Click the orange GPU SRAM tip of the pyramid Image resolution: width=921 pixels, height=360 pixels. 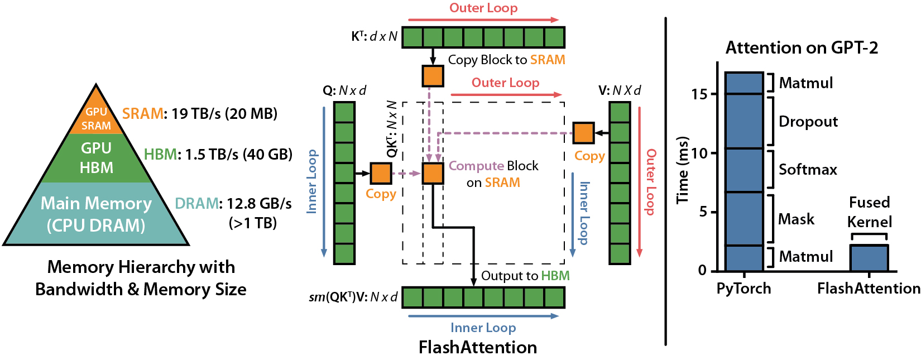point(96,118)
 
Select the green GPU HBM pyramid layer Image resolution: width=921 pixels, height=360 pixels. point(96,158)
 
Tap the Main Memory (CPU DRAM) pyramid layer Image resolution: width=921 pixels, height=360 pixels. point(96,214)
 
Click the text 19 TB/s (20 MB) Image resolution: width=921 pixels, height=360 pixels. point(224,113)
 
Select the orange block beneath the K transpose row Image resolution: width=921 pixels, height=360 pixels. point(433,76)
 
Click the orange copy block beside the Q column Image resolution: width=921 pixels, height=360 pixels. point(381,174)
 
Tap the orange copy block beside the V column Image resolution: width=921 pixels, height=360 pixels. point(583,133)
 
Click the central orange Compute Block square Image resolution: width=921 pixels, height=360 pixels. point(433,174)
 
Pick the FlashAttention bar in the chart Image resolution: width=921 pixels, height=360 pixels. point(869,258)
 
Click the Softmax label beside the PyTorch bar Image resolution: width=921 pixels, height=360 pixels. point(808,169)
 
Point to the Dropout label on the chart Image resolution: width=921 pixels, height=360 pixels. point(808,122)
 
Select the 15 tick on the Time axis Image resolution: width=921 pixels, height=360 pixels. point(699,94)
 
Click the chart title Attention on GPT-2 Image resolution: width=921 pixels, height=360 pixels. point(802,48)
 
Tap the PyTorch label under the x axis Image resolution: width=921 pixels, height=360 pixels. point(743,289)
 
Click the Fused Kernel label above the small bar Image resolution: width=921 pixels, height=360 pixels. point(869,212)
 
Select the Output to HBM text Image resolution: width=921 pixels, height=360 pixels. point(525,276)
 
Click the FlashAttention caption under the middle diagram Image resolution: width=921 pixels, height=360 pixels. point(478,347)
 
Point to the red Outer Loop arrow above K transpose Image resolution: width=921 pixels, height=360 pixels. point(483,20)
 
